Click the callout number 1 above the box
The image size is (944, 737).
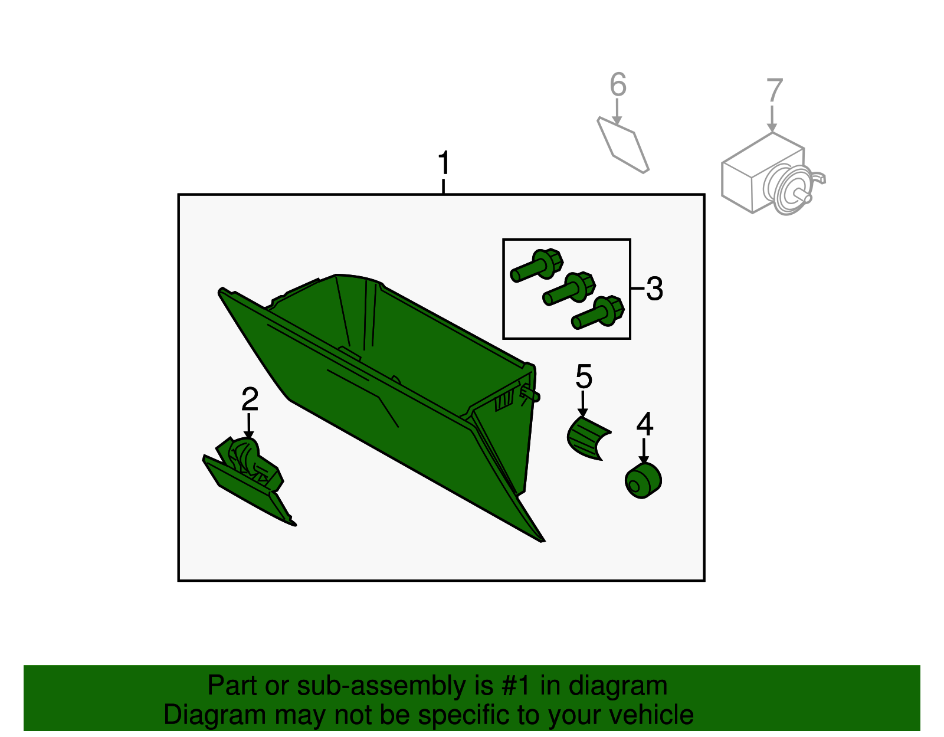(444, 163)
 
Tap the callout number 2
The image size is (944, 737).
(250, 399)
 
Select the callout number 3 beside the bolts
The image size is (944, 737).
(655, 289)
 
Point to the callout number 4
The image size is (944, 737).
(645, 424)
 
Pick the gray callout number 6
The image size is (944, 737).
(618, 84)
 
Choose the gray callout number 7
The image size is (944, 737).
(775, 90)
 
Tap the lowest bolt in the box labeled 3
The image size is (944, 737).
(598, 312)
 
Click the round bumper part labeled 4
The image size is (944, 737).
(643, 480)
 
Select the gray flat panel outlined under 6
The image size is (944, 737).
(622, 145)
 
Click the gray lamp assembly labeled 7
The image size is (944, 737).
(772, 175)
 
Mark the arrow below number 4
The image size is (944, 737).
(644, 451)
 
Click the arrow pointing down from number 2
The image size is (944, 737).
(248, 426)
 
